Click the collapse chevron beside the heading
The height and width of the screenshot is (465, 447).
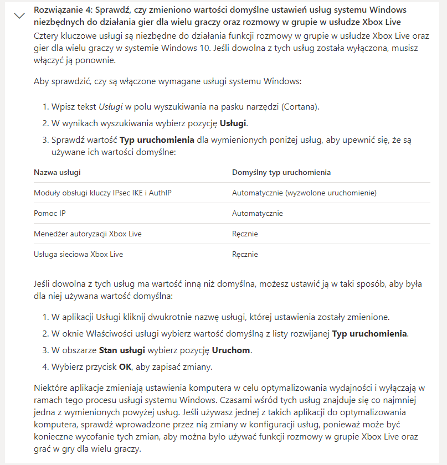(19, 15)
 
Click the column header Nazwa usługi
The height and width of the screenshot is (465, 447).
(57, 172)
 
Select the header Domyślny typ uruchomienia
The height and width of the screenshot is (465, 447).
(281, 172)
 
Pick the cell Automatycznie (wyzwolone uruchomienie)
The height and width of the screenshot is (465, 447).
(304, 193)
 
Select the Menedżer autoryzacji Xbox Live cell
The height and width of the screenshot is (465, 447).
(88, 234)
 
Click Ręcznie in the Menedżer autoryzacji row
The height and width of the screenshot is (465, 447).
(245, 234)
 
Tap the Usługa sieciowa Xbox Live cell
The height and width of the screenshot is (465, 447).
(78, 254)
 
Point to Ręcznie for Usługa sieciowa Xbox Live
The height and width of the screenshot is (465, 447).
(245, 254)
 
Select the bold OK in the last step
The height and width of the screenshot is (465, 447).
(125, 366)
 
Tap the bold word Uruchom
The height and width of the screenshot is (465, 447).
(231, 350)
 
